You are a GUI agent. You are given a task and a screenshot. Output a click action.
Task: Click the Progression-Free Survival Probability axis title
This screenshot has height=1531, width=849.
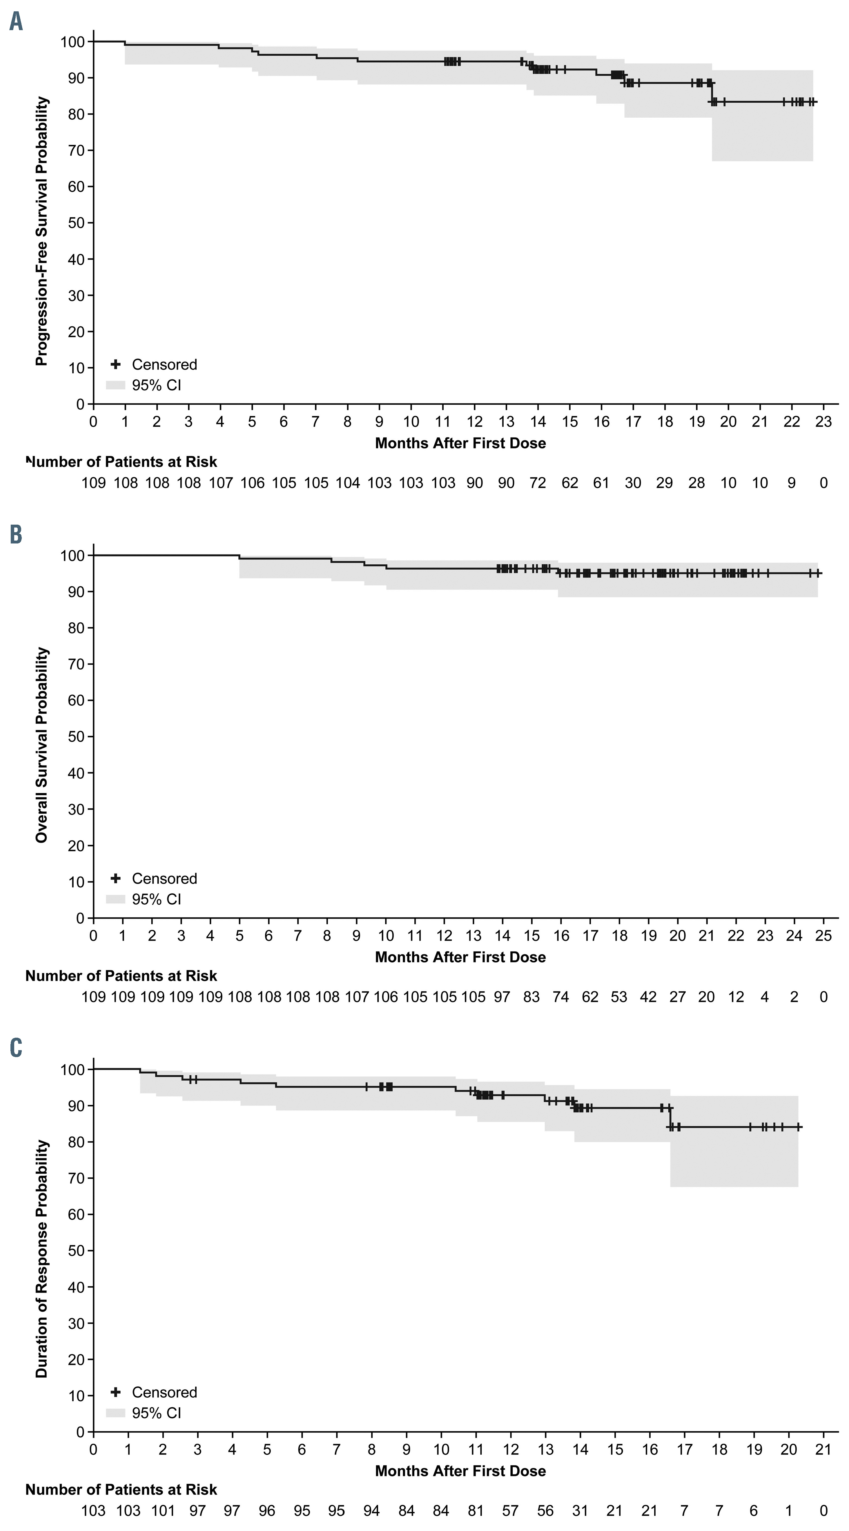[42, 232]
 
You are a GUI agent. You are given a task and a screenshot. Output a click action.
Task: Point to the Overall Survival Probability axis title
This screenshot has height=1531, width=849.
[42, 745]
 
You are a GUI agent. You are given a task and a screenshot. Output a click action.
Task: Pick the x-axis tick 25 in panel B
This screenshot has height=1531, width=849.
[823, 935]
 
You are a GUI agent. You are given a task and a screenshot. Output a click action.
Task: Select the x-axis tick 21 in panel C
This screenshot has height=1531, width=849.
[823, 1450]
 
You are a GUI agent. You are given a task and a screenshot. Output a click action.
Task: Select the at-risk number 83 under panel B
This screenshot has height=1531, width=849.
[531, 997]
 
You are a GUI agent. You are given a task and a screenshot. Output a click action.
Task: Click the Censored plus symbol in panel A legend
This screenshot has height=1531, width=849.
[116, 364]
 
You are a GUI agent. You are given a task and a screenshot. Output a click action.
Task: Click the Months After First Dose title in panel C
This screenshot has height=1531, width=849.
[460, 1471]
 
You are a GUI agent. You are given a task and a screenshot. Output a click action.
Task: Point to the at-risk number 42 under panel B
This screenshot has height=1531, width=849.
[648, 997]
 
